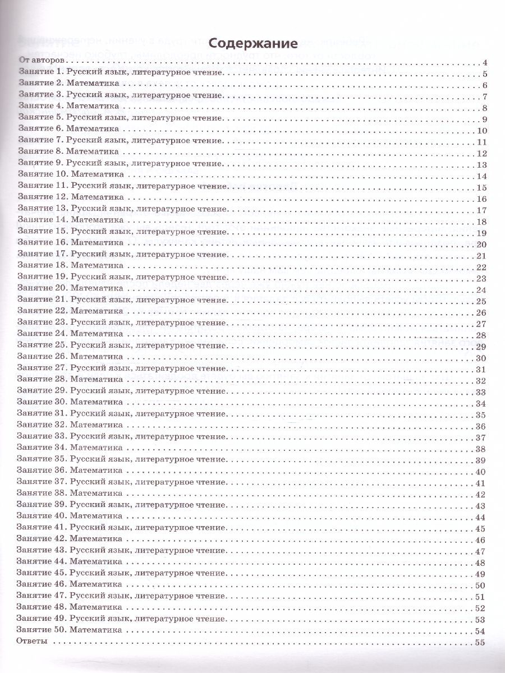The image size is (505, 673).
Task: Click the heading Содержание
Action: tap(252, 44)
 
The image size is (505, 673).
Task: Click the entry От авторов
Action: tap(43, 61)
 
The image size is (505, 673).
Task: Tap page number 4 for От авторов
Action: tap(484, 62)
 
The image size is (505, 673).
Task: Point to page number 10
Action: tap(481, 131)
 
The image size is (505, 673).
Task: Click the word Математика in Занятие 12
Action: tap(97, 199)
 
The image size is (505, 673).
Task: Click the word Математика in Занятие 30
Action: tap(97, 403)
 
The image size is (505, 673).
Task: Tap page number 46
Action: tap(481, 541)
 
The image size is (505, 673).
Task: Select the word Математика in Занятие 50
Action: tap(97, 630)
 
